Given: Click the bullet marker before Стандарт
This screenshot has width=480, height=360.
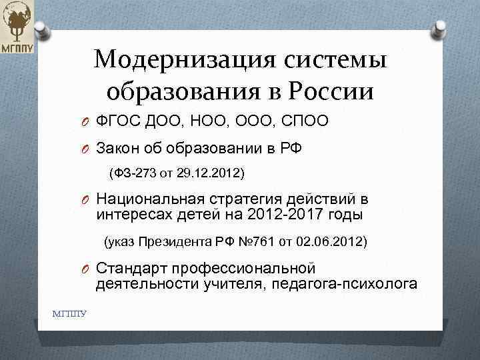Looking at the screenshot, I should tap(87, 269).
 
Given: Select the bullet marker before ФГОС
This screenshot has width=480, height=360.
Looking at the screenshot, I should tap(87, 121).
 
